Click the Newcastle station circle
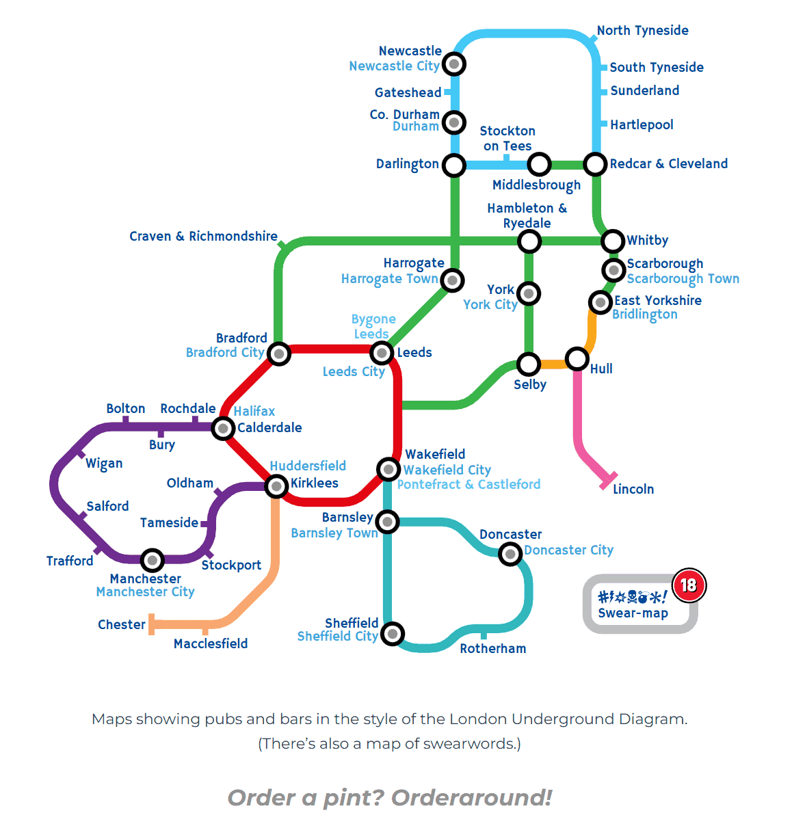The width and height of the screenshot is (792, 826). pos(454,64)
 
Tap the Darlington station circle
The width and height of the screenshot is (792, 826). pos(454,165)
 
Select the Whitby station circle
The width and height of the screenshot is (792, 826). pos(612,241)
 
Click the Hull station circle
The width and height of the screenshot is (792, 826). pos(577,358)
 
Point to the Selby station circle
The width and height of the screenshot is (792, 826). pos(529,364)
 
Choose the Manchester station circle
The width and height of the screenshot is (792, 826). pos(152,560)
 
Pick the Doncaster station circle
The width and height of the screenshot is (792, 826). pos(510,553)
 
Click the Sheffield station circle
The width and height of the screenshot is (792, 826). pos(392,633)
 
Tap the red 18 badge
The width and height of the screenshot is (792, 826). pos(688,585)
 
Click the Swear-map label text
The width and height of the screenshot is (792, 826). pos(633,613)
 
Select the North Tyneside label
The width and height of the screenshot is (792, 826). pos(642,31)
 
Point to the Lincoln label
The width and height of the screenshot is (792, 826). pos(633,489)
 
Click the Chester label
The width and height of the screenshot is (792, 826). pos(121,624)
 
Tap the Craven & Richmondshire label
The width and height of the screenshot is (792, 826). pos(203,236)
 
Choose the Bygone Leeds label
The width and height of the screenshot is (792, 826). pos(373,326)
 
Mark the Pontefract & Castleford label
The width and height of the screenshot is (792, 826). pos(468,484)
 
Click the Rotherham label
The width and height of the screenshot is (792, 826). pos(492,648)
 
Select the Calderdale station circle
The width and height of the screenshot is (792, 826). pos(223,429)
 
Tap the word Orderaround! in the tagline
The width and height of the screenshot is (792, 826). pos(471,797)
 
